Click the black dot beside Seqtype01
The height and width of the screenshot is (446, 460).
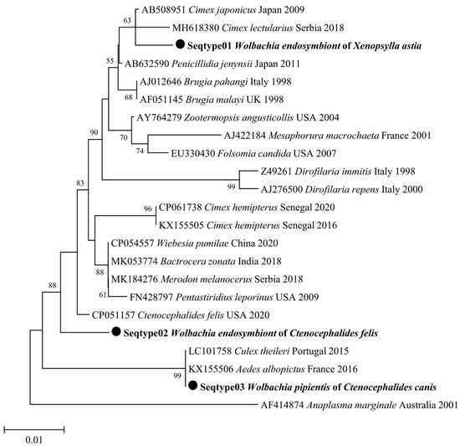pyautogui.click(x=179, y=46)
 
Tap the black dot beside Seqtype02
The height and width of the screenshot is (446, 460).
pyautogui.click(x=115, y=332)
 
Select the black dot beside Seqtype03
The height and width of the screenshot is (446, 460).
pyautogui.click(x=193, y=386)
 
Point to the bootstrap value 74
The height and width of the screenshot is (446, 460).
pyautogui.click(x=162, y=151)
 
